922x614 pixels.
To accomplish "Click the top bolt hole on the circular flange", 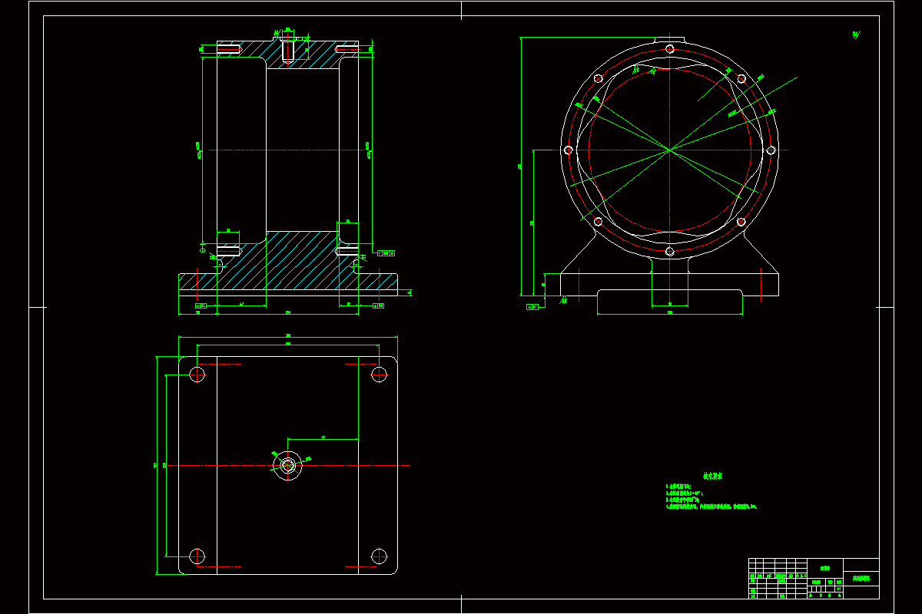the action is pyautogui.click(x=670, y=49).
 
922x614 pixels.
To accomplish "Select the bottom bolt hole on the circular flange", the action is pyautogui.click(x=670, y=251).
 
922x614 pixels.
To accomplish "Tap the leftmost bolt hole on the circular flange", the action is pyautogui.click(x=569, y=150).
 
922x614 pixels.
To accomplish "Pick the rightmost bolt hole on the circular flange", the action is pyautogui.click(x=771, y=150).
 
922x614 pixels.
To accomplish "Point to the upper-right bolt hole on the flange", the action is pyautogui.click(x=741, y=78).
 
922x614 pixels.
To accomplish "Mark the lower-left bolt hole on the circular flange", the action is pyautogui.click(x=598, y=222).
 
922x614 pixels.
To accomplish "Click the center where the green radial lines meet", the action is pyautogui.click(x=670, y=150).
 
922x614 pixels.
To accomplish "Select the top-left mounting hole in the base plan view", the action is pyautogui.click(x=197, y=375).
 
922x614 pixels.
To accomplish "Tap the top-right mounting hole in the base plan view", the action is pyautogui.click(x=378, y=375).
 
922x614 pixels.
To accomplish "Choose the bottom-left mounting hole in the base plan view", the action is pyautogui.click(x=197, y=555).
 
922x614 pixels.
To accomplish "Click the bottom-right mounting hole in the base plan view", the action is pyautogui.click(x=378, y=555).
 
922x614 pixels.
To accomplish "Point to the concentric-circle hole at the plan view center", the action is pyautogui.click(x=288, y=465).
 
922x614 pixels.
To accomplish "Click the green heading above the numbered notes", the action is pyautogui.click(x=712, y=476).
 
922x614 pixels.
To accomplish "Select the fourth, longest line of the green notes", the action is pyautogui.click(x=711, y=507).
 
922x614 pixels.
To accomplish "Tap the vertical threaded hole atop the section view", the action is pyautogui.click(x=288, y=51).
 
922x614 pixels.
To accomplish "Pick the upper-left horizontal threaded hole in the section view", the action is pyautogui.click(x=230, y=51).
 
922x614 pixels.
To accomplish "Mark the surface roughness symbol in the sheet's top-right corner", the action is pyautogui.click(x=857, y=34).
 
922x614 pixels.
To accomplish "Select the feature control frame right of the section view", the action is pyautogui.click(x=386, y=252).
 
